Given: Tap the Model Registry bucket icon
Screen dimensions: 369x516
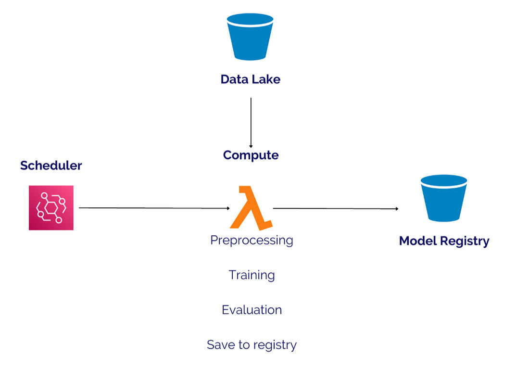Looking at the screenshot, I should click(x=444, y=198).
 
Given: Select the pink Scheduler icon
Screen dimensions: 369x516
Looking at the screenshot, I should click(x=51, y=207).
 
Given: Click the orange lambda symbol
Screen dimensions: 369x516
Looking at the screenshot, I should click(x=251, y=208).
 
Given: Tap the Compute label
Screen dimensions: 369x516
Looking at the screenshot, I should click(x=251, y=155).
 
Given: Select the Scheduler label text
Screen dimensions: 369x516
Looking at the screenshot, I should click(x=51, y=165).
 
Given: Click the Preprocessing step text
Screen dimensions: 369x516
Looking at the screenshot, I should click(x=252, y=240).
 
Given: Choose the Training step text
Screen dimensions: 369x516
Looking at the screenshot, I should click(x=252, y=275).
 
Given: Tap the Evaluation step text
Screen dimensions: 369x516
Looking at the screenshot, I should click(x=252, y=310).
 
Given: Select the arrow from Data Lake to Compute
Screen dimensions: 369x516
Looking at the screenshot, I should click(x=251, y=122).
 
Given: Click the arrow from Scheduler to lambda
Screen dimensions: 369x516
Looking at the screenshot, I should click(x=154, y=208).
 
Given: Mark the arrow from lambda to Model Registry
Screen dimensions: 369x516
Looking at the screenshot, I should click(x=335, y=208).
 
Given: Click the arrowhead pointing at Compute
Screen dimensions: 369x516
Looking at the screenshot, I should click(x=251, y=146).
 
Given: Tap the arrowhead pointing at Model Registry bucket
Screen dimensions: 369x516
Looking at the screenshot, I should click(x=397, y=209).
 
